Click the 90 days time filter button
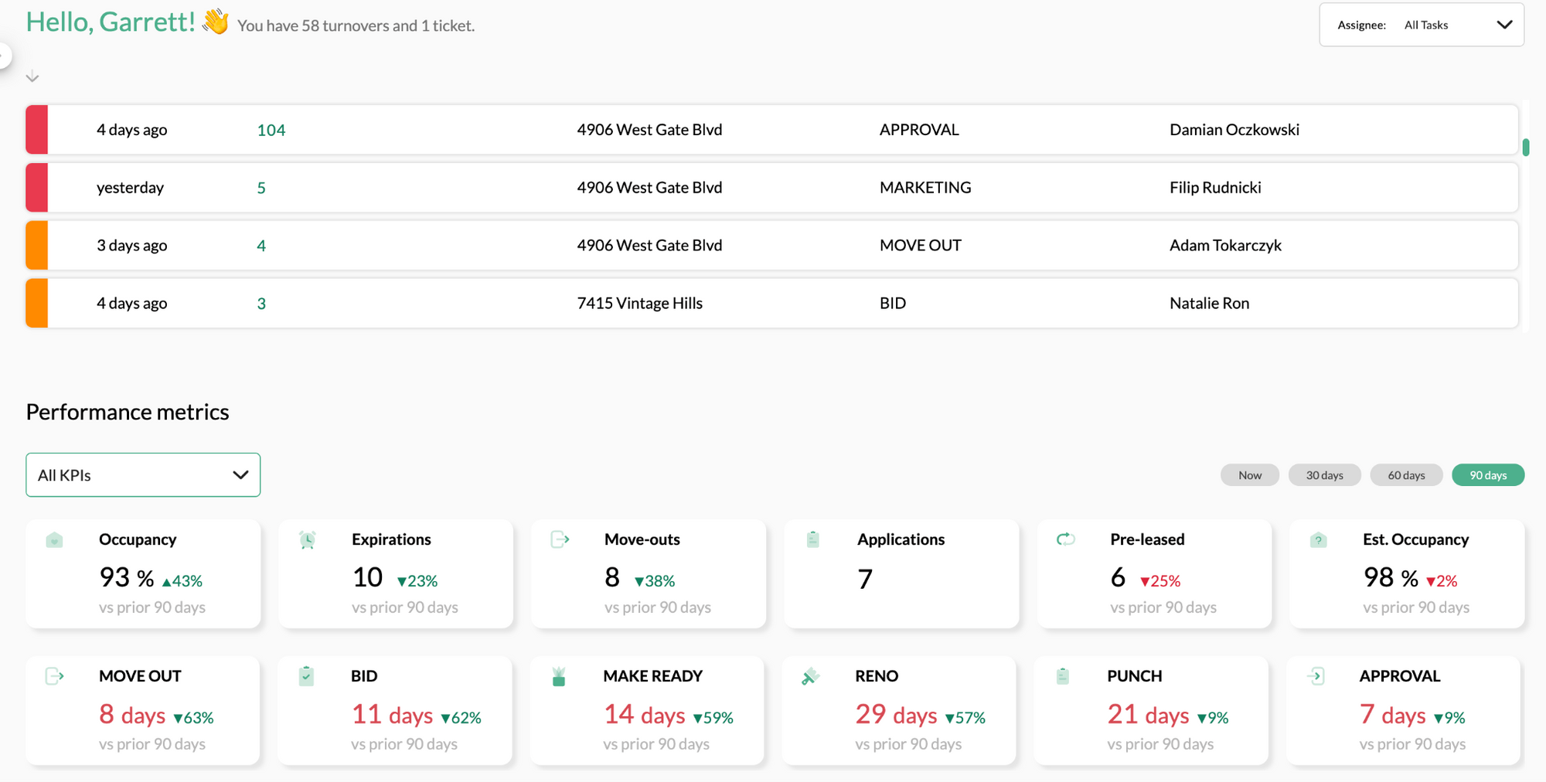1487,475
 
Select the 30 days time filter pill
1324,475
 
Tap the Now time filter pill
1249,475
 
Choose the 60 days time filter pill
1405,475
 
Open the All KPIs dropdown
143,474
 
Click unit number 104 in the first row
271,130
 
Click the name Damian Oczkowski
1234,130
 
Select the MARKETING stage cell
925,188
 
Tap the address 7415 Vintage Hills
639,304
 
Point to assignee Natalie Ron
1209,304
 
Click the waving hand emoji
216,22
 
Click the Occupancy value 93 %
126,577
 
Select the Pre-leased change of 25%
1160,581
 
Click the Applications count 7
865,579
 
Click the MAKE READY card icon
559,677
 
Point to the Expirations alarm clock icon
307,540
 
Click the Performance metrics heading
128,412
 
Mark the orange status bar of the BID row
36,304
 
